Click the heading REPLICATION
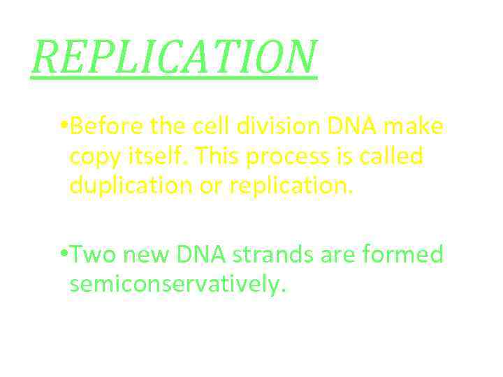[x=174, y=57]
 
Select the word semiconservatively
[x=178, y=285]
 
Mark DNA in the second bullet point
[x=200, y=256]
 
